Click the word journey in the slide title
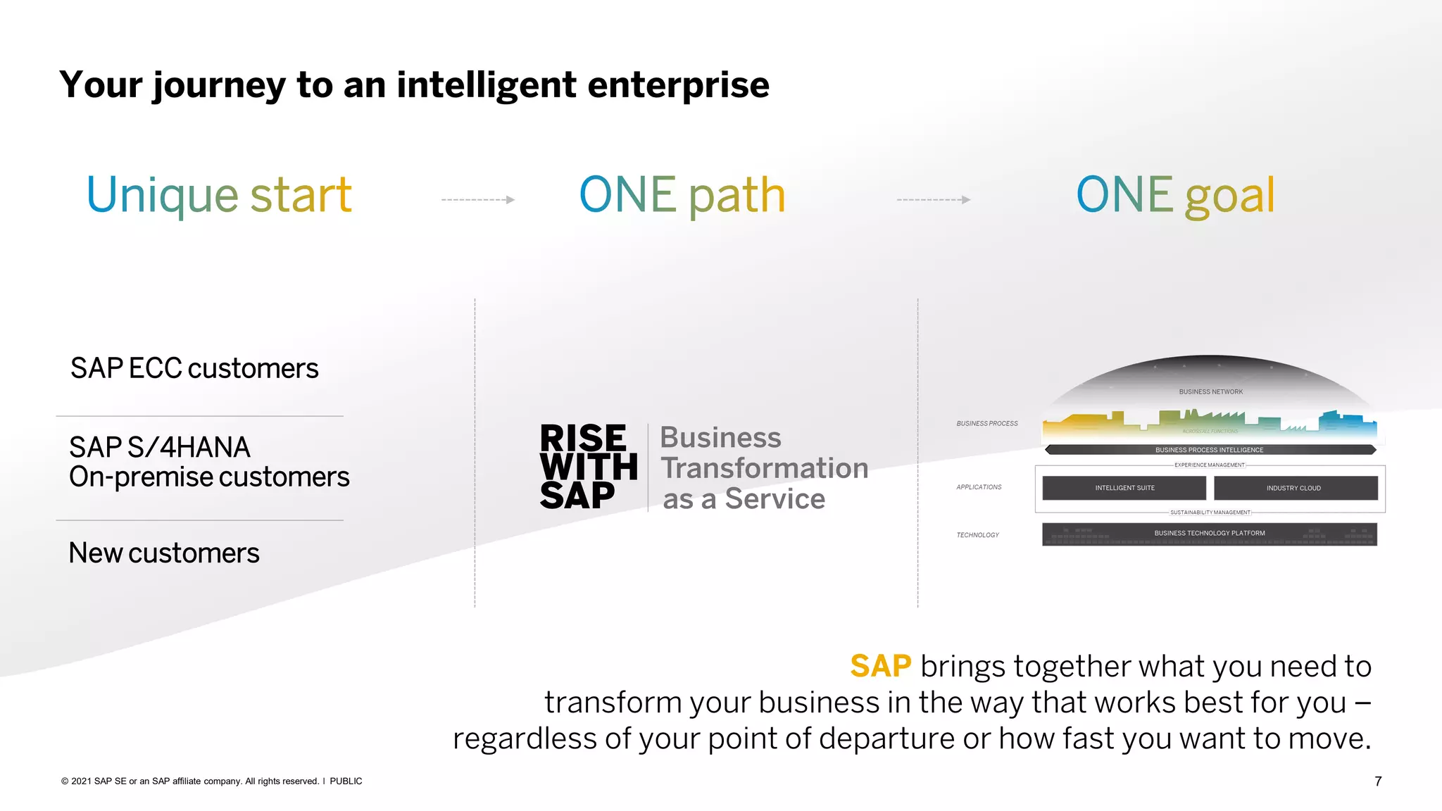pos(219,85)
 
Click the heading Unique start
pos(219,195)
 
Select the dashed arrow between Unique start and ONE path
pos(478,200)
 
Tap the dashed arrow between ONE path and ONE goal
pos(934,200)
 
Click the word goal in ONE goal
pos(1229,195)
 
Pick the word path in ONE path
pos(736,195)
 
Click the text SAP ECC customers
pos(194,368)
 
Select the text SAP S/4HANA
pos(160,447)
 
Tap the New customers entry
pos(164,553)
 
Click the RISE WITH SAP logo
pos(588,467)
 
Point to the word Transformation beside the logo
pos(764,468)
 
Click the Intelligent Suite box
pos(1124,488)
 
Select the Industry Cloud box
pos(1295,488)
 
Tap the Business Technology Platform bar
pos(1209,534)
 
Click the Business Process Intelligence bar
pos(1209,450)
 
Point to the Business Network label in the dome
pos(1210,391)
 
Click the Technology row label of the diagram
pos(977,535)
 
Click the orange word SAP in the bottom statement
pos(880,666)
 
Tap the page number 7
pos(1378,781)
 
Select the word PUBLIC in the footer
pos(346,781)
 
